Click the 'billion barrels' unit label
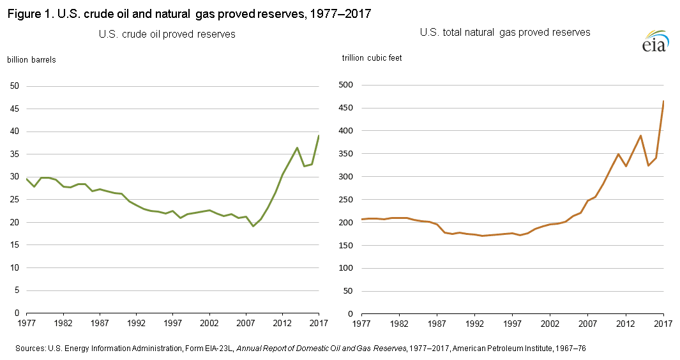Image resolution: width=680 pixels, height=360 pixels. coord(31,60)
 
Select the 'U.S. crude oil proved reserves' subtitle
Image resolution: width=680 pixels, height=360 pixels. coord(167,34)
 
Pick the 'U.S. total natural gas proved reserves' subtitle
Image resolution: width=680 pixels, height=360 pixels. coord(505,32)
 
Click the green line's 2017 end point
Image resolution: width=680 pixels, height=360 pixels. coord(319,136)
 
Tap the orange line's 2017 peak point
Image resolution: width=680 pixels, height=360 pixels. coord(663,101)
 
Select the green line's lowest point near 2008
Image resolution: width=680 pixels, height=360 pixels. coord(253,226)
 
